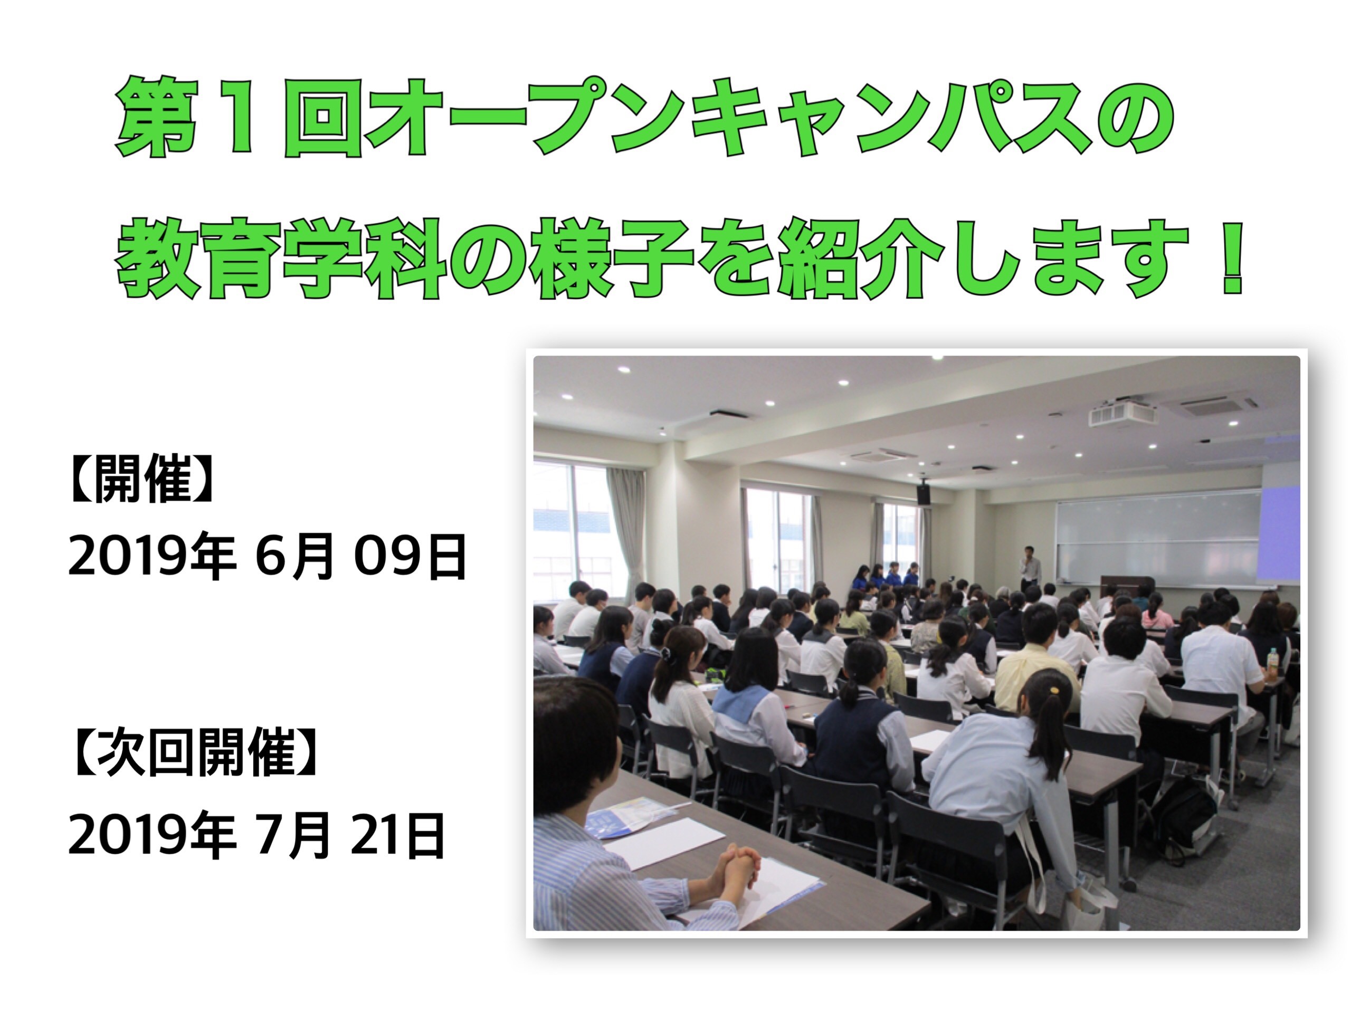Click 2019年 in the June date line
pyautogui.click(x=152, y=556)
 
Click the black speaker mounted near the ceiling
pyautogui.click(x=924, y=493)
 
